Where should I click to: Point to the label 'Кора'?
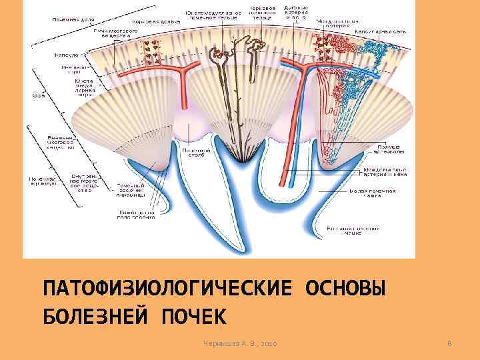pos(31,95)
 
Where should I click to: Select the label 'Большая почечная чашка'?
pos(353,229)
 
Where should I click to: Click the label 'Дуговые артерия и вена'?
pos(295,14)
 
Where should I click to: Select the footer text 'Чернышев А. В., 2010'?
pos(241,343)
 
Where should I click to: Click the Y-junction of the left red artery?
pos(182,72)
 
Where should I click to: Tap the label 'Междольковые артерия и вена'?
pos(385,173)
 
